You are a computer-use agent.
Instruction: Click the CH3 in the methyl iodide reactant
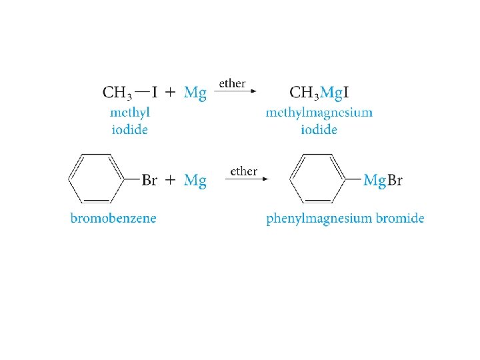pos(117,93)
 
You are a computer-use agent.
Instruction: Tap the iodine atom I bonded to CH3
pos(155,92)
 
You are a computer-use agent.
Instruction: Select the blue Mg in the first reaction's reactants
pos(195,93)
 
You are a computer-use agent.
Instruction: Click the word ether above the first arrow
pos(233,84)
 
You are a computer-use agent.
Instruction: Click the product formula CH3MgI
pos(319,93)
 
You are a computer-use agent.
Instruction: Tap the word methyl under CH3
pos(129,113)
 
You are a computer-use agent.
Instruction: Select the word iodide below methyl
pos(129,129)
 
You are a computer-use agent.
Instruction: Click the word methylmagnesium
pos(319,113)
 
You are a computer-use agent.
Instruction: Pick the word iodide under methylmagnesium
pos(319,129)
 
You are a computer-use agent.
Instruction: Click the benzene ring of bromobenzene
pos(97,178)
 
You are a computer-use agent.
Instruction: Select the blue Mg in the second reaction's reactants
pos(195,180)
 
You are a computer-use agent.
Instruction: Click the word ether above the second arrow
pos(243,171)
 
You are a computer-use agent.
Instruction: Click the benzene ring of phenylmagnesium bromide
pos(317,178)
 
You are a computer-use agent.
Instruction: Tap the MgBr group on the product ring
pos(383,180)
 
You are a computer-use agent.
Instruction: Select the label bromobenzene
pos(113,218)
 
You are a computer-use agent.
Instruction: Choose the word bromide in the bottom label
pos(398,218)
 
